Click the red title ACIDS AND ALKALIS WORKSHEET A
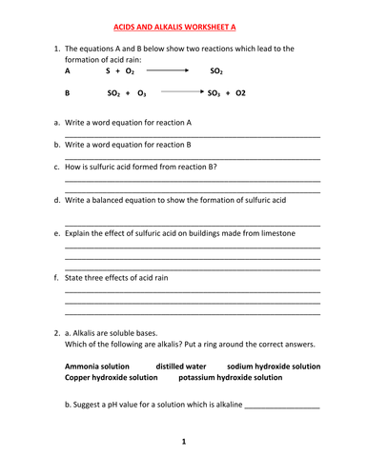pos(183,30)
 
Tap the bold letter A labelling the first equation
pos(67,70)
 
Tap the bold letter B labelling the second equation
pos(67,94)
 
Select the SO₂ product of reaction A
pos(216,71)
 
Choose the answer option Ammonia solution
pos(101,366)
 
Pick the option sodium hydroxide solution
pos(274,366)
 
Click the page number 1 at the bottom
pos(183,442)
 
